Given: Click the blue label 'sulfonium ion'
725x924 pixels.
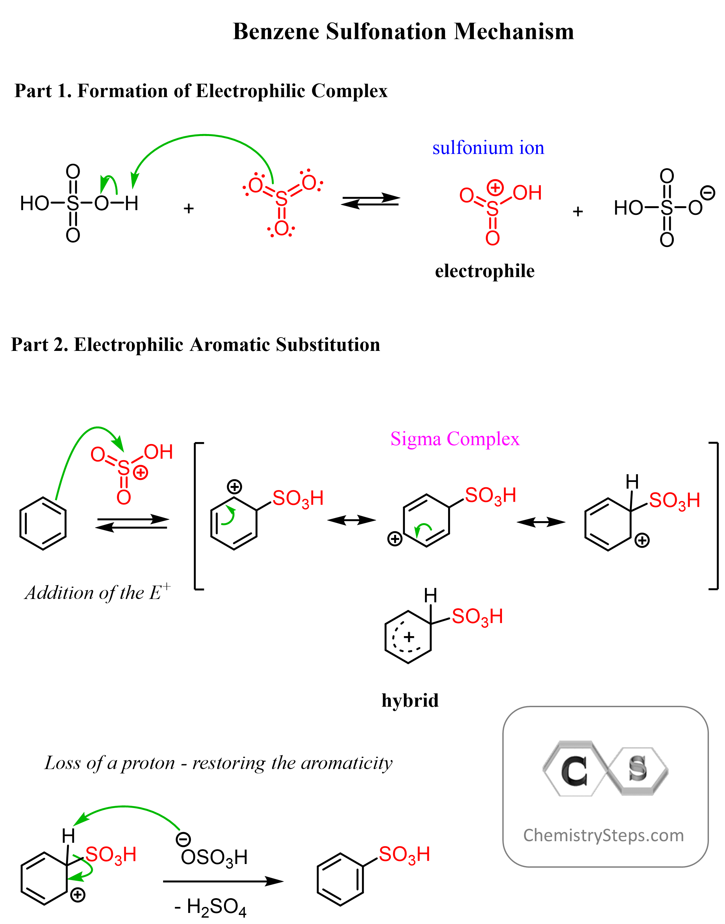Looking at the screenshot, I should click(x=488, y=148).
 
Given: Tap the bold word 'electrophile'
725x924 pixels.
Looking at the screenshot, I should click(x=485, y=271).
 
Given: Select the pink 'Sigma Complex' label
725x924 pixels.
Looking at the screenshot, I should click(x=455, y=438).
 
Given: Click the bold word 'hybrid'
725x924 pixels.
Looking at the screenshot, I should click(x=410, y=700).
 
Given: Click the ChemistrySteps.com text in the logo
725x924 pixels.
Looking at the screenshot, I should click(x=603, y=835).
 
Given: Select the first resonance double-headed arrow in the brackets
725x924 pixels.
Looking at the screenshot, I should click(x=352, y=520).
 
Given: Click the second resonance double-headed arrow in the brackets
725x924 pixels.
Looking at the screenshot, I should click(x=541, y=522).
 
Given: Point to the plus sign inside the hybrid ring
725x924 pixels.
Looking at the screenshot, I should click(x=409, y=637).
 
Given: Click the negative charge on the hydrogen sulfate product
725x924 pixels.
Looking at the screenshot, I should click(x=708, y=192).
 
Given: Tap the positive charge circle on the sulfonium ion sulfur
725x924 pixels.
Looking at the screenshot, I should click(x=495, y=187).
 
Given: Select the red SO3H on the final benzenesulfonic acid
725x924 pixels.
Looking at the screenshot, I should click(x=404, y=854).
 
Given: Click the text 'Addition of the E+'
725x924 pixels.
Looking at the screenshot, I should click(x=98, y=593).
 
